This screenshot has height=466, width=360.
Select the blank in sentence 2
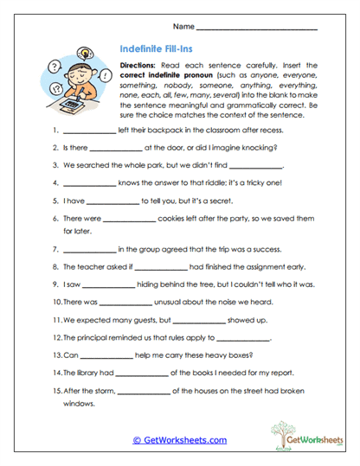pos(115,149)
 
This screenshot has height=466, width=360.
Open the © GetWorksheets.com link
pos(180,440)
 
